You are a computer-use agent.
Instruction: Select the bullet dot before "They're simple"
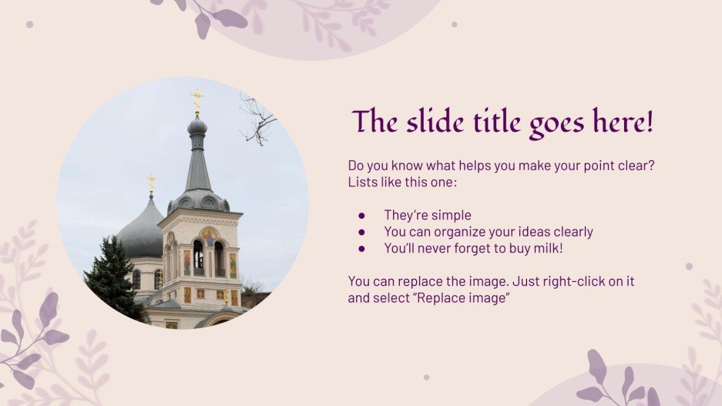pyautogui.click(x=361, y=216)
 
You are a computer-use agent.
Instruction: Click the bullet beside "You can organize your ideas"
pyautogui.click(x=361, y=232)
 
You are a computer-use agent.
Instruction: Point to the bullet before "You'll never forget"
pyautogui.click(x=361, y=249)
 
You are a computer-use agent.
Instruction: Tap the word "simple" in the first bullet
pyautogui.click(x=451, y=216)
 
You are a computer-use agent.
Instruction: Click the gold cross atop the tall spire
pyautogui.click(x=196, y=97)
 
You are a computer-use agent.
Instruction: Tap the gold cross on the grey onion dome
pyautogui.click(x=151, y=183)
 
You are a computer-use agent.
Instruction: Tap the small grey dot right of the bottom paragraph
pyautogui.click(x=689, y=267)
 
